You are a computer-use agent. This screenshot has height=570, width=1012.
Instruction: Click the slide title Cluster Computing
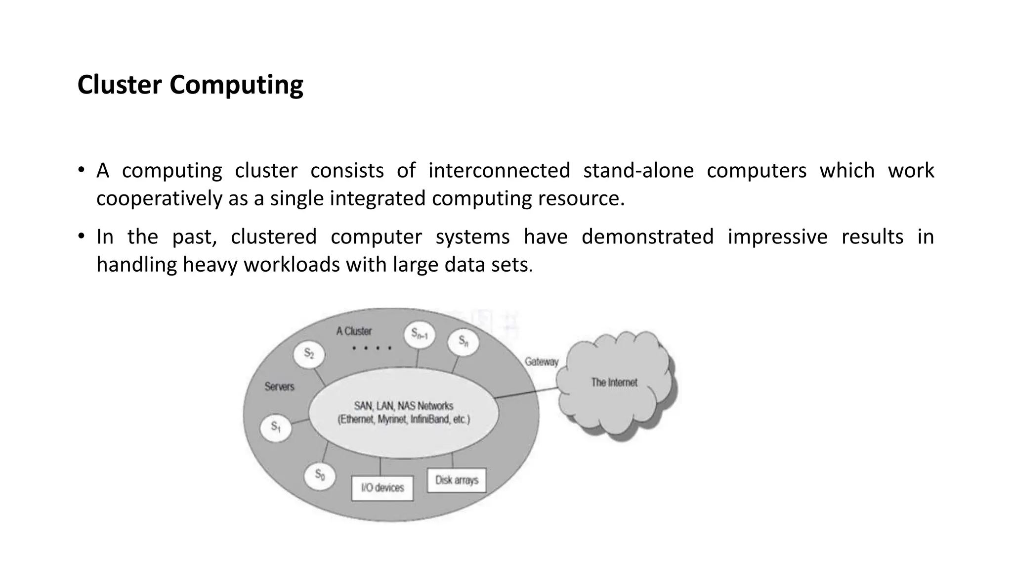(190, 85)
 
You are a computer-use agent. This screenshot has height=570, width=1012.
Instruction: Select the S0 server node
(320, 475)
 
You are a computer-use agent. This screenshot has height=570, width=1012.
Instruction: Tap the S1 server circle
(275, 427)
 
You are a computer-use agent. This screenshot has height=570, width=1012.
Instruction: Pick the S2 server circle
(309, 354)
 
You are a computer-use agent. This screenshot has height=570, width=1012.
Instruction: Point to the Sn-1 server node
(419, 334)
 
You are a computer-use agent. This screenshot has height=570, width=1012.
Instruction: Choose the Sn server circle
(463, 341)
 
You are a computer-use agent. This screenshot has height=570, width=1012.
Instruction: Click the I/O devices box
(382, 488)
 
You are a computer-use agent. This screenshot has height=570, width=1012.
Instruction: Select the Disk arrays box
(457, 480)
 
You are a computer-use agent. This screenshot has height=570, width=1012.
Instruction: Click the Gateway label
(541, 362)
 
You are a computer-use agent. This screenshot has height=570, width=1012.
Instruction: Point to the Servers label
(279, 386)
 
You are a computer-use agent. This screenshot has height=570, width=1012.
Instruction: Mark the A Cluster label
(354, 331)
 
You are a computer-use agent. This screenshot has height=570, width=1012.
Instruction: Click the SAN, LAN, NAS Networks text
(403, 406)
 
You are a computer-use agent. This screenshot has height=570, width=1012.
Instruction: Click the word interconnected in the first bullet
(499, 171)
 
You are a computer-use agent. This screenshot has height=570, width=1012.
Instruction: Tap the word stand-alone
(638, 171)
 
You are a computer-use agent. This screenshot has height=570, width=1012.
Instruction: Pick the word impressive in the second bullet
(777, 237)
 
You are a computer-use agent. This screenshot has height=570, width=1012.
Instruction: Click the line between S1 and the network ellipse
(300, 422)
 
